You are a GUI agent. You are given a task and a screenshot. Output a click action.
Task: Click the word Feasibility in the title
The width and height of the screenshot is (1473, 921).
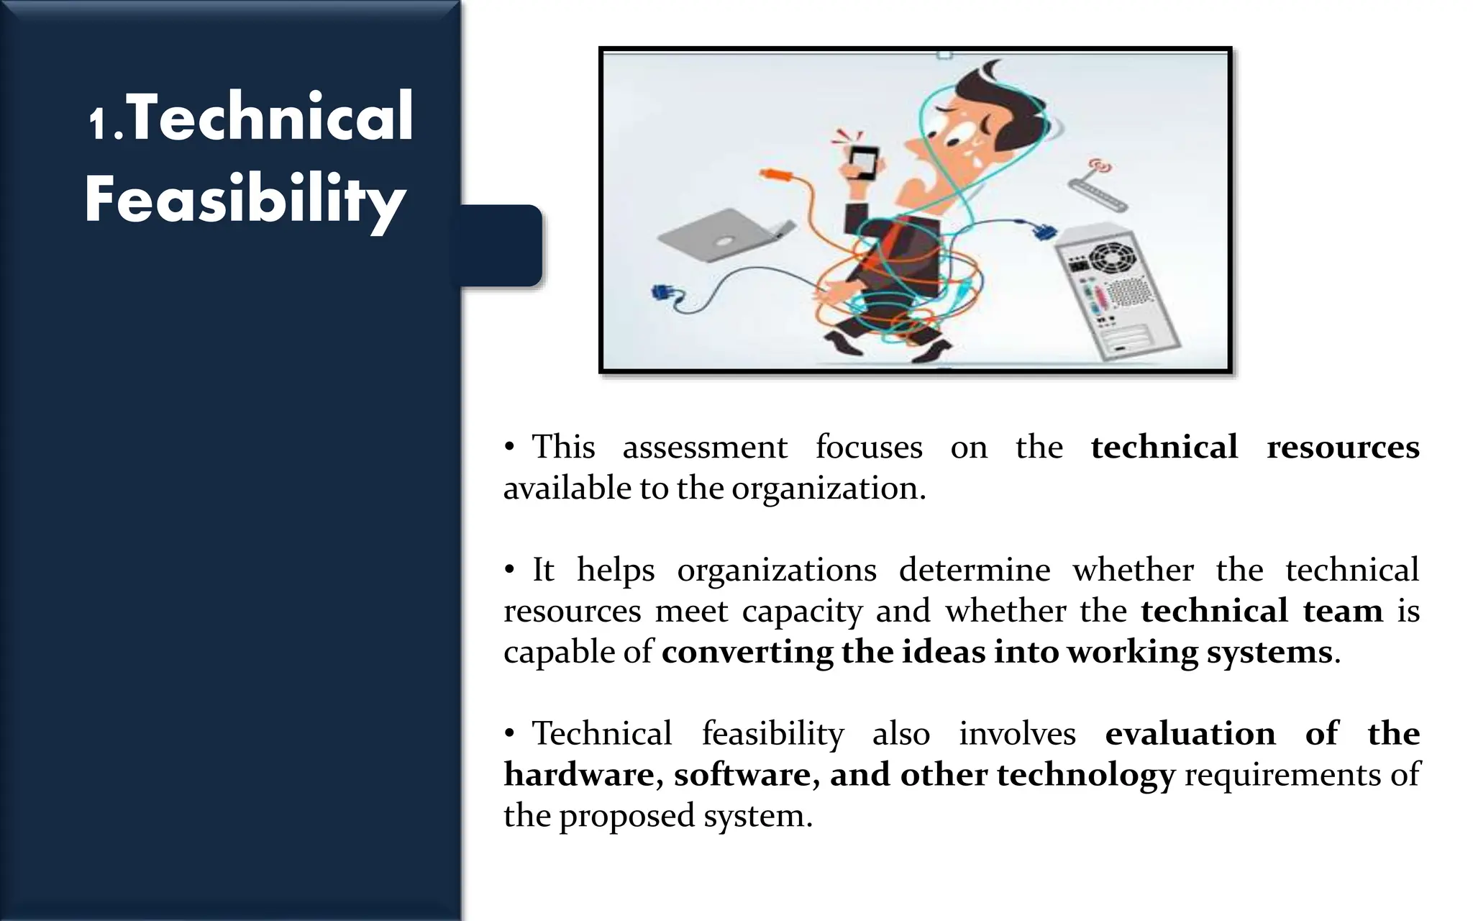[x=245, y=199]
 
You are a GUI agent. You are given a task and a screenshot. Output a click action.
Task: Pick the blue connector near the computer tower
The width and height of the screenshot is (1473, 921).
[x=1043, y=232]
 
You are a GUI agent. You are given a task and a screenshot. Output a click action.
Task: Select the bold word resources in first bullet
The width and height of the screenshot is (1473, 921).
[x=1342, y=447]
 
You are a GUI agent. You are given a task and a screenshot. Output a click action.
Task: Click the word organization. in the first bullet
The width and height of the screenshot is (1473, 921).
[x=829, y=489]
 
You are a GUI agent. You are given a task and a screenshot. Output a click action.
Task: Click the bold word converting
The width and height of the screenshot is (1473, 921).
[x=747, y=652]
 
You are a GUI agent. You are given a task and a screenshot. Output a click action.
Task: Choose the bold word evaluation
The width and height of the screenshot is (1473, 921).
[x=1190, y=733]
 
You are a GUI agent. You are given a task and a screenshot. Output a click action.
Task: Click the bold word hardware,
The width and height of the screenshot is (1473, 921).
[x=583, y=774]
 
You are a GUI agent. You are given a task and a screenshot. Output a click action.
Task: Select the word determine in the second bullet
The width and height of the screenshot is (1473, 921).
[x=974, y=570]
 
